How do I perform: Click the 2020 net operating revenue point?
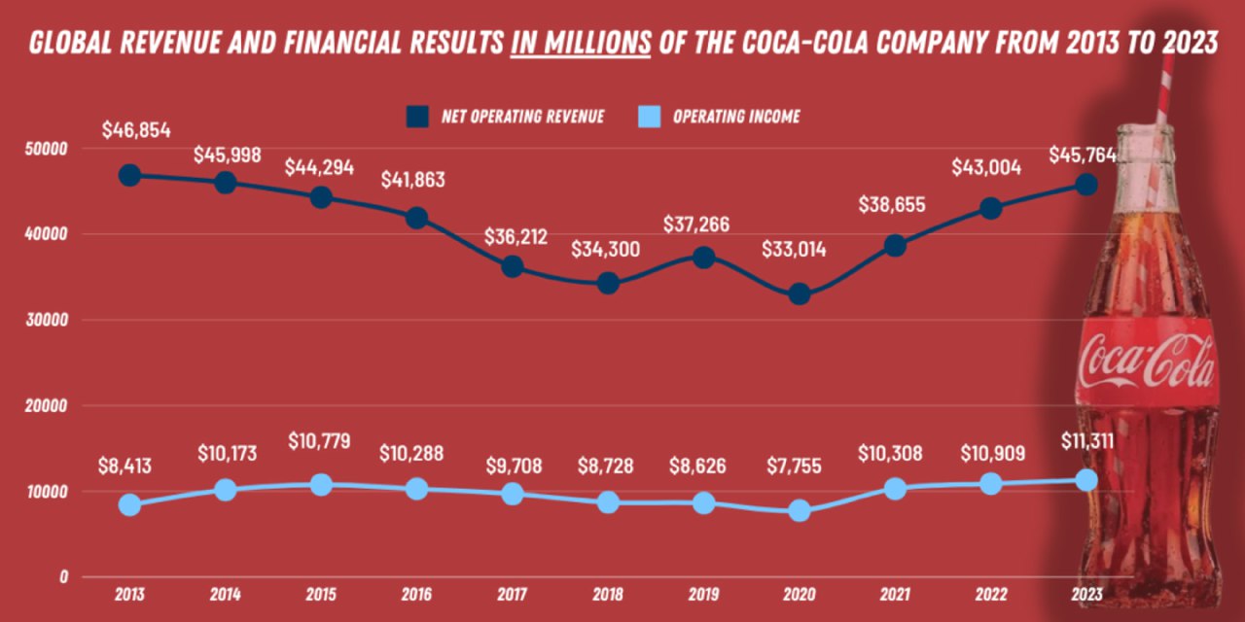(x=800, y=294)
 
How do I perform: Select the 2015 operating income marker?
(x=321, y=484)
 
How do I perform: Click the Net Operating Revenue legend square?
(x=416, y=117)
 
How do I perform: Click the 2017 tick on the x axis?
(x=513, y=593)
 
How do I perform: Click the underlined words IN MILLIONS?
(x=581, y=44)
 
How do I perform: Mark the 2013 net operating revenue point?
(x=129, y=175)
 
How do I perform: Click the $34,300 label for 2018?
(x=607, y=249)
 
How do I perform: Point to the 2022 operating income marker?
(x=991, y=483)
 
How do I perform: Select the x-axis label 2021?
(x=895, y=593)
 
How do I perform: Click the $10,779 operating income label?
(x=321, y=440)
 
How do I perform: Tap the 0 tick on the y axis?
(x=63, y=576)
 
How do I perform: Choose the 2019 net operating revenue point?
(x=704, y=257)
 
